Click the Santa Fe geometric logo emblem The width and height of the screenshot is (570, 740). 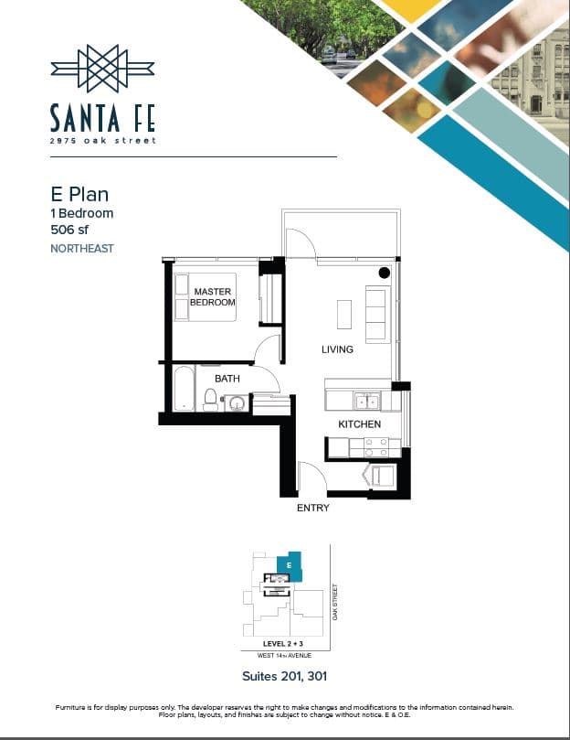coord(102,69)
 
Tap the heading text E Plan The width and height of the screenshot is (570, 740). coord(79,195)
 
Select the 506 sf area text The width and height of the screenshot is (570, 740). coord(69,230)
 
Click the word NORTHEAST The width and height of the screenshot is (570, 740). coord(82,248)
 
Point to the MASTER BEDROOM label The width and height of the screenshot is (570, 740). coord(212,297)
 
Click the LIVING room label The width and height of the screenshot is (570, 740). coord(337,349)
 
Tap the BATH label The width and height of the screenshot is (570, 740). coord(227,379)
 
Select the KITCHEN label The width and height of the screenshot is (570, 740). coord(360,424)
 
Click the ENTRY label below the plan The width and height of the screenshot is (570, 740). coord(313,508)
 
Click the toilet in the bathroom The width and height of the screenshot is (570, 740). coord(210,399)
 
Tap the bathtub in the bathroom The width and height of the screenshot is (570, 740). coord(184,389)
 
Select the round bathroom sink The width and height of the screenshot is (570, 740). coord(236,403)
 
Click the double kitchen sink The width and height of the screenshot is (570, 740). coord(367,402)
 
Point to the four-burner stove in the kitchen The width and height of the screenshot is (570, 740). coord(375,448)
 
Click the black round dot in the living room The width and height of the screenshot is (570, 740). coord(385,273)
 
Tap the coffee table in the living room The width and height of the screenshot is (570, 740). coord(344,315)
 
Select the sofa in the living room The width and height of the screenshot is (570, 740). coord(378,315)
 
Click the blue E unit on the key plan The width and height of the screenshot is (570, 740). coord(289,566)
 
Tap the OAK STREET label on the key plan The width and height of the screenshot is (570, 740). coord(335,602)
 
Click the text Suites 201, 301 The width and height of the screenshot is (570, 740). coord(284,676)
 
